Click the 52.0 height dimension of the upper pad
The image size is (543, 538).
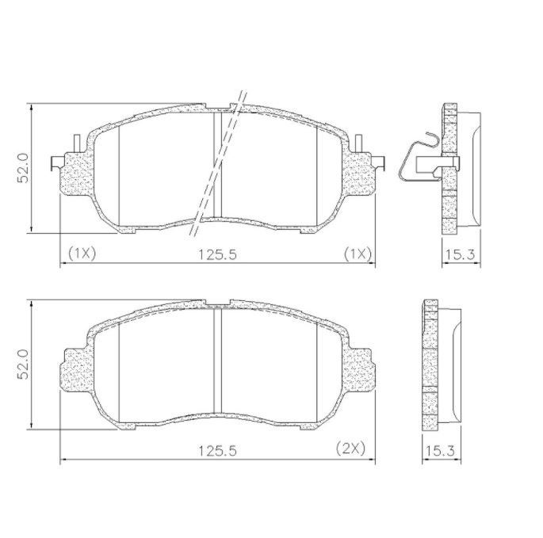[x=23, y=168]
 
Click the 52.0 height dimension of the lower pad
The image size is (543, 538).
[x=23, y=364]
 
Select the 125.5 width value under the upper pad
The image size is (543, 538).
[x=217, y=255]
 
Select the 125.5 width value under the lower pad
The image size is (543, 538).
[x=217, y=451]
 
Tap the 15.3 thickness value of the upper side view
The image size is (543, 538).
[x=460, y=255]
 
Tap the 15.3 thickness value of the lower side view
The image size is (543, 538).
[x=440, y=451]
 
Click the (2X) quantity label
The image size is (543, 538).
[x=350, y=448]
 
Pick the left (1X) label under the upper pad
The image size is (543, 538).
[x=82, y=254]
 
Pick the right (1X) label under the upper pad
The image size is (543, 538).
[x=358, y=254]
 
